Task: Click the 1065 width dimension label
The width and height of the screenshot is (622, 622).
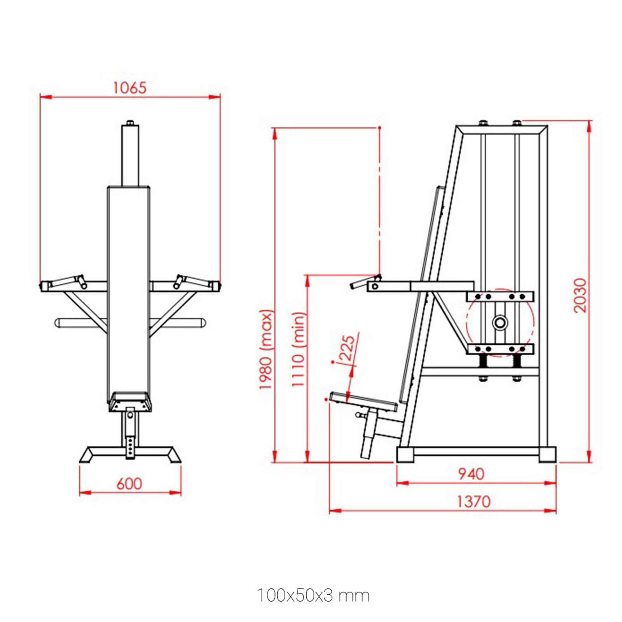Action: (129, 88)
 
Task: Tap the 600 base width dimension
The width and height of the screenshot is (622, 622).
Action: (129, 484)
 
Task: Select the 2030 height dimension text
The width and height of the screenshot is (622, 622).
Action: (580, 295)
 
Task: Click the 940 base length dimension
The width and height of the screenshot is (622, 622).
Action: (471, 474)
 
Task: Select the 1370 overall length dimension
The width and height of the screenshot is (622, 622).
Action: (473, 501)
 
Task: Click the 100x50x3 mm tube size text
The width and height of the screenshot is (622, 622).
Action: (313, 596)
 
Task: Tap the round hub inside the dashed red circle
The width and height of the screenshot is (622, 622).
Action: (500, 322)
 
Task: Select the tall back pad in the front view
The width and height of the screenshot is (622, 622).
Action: (129, 288)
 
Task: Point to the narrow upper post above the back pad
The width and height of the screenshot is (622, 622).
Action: (130, 155)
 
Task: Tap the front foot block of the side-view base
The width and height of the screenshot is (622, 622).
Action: (405, 454)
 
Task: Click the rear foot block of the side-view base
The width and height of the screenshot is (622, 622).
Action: (547, 454)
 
